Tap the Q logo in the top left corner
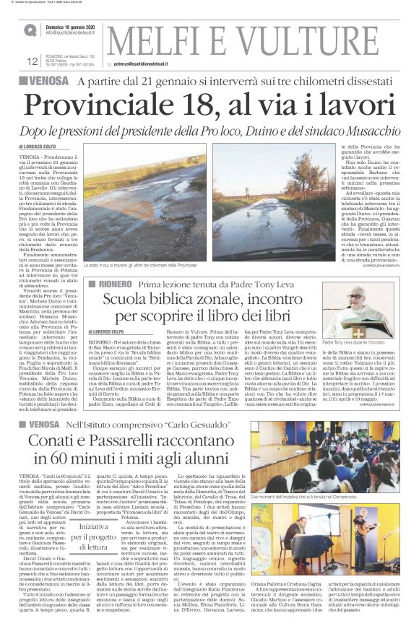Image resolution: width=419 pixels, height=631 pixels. [28, 30]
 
